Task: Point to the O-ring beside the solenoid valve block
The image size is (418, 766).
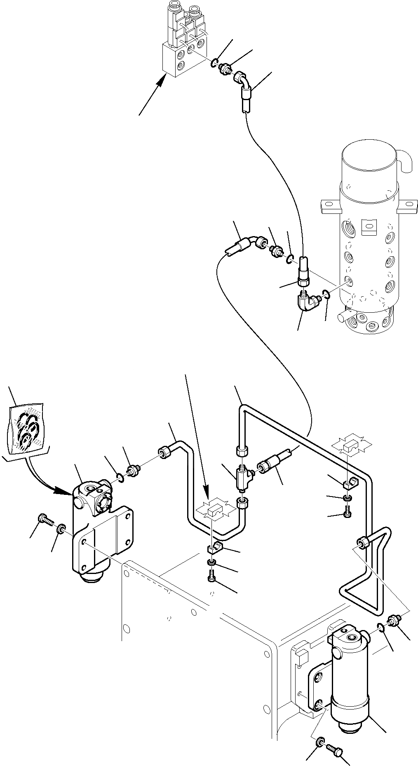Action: point(214,63)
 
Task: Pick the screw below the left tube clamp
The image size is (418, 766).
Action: point(211,576)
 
